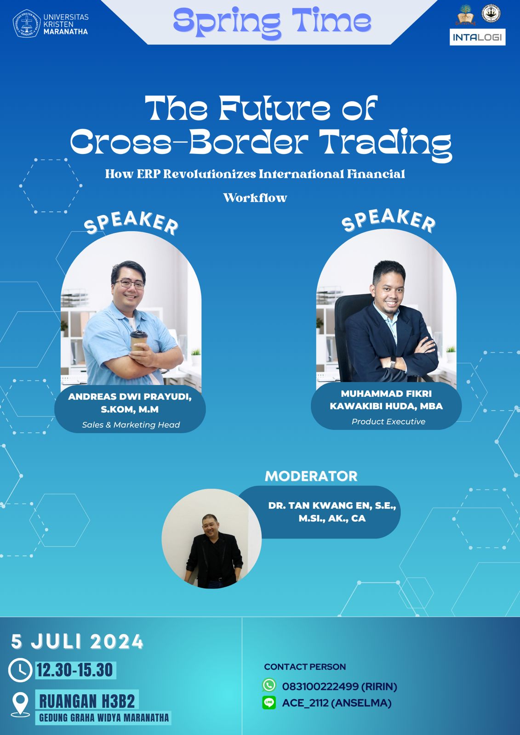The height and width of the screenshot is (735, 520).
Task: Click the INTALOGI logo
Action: [477, 37]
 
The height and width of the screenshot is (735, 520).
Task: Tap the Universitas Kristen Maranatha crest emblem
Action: [27, 23]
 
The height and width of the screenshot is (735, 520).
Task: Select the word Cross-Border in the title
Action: [189, 141]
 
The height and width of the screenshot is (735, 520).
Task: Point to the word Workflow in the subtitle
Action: [255, 198]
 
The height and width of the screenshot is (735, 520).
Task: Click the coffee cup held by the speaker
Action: [139, 341]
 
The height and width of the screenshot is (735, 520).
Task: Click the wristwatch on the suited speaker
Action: [392, 363]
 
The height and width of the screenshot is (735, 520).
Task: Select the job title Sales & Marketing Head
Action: [131, 424]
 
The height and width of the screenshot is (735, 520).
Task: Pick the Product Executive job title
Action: [388, 421]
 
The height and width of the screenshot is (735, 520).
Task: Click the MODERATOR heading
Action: [311, 476]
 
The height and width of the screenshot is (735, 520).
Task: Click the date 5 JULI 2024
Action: [77, 641]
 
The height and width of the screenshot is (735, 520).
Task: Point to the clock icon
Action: [20, 671]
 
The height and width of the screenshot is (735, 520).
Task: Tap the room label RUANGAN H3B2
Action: [87, 701]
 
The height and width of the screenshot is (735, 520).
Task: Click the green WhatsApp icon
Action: [269, 685]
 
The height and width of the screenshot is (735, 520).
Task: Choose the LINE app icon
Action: [269, 702]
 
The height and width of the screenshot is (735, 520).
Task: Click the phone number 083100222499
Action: [320, 686]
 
